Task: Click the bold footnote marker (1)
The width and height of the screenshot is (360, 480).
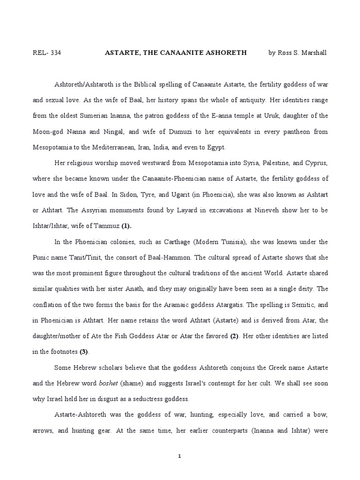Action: pyautogui.click(x=126, y=226)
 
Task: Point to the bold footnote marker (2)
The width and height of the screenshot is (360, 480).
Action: pyautogui.click(x=235, y=337)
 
